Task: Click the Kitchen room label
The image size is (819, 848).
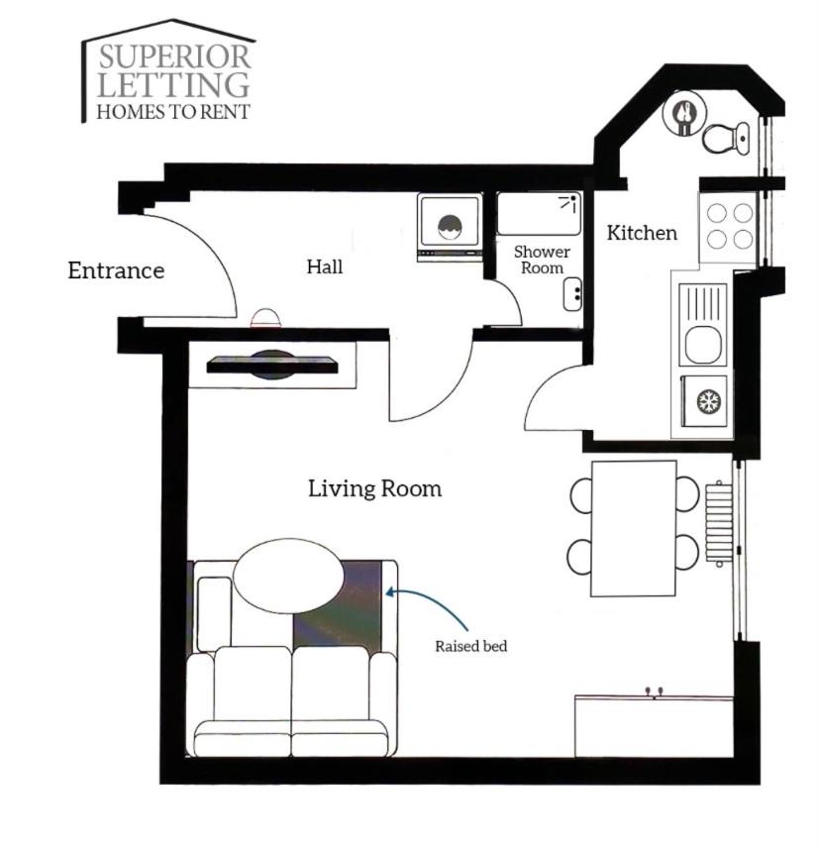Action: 641,233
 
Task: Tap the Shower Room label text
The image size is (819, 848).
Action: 542,260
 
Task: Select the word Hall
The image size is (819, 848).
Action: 325,266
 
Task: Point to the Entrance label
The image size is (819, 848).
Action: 116,270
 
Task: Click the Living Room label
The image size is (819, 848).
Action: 374,488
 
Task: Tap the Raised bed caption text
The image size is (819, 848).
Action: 470,646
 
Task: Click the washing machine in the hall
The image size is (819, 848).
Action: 450,227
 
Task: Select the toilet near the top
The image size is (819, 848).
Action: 726,138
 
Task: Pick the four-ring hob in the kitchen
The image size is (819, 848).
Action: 729,227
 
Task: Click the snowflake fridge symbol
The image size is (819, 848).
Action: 704,401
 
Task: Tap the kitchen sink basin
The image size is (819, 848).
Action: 703,344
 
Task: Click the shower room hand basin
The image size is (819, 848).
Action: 572,294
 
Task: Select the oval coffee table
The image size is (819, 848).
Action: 289,576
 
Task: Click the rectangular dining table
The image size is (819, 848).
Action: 634,528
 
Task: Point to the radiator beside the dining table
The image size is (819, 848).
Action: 719,523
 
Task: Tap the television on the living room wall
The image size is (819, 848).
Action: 272,365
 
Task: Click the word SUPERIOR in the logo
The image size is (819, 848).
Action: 174,56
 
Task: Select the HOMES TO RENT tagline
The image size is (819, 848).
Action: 173,111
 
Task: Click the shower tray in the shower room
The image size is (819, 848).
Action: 539,214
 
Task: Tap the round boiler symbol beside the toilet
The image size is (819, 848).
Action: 684,113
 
